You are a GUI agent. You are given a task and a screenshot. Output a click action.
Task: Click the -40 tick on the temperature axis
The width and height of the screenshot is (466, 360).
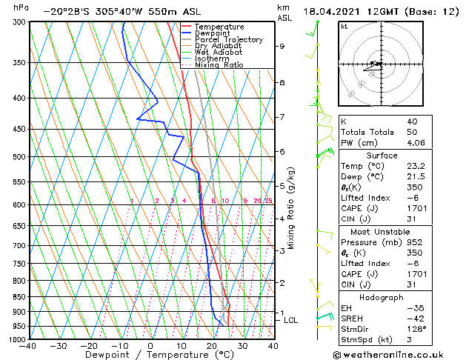coord(29,346)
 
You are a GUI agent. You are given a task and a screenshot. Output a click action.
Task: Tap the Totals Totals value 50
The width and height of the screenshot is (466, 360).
coord(411,132)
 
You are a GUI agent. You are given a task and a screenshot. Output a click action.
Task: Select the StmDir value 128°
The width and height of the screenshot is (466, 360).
coord(416,329)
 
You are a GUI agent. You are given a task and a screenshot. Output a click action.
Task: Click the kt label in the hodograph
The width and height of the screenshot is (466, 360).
coord(344,27)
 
